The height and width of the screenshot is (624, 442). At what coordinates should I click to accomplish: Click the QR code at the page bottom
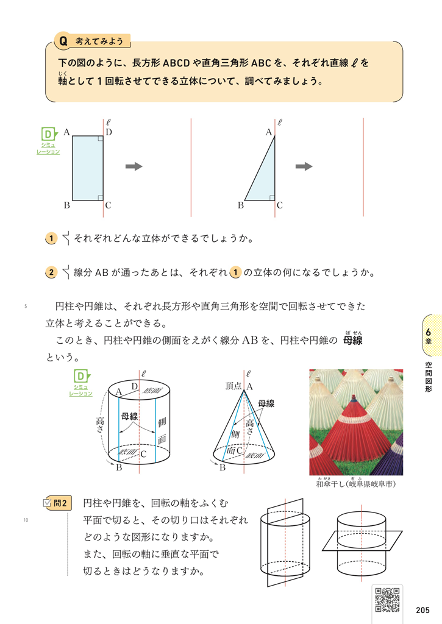point(387,599)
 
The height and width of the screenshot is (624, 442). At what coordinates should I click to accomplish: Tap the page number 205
point(422,611)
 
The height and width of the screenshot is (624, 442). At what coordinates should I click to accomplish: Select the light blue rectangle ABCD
point(87,168)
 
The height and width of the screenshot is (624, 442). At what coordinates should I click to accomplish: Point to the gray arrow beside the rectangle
point(134,166)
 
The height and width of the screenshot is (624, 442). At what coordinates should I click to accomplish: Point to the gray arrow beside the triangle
point(304,166)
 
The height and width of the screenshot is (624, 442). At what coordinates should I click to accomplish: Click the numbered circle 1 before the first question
point(52,239)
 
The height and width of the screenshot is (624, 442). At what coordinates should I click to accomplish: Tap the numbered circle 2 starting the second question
point(52,272)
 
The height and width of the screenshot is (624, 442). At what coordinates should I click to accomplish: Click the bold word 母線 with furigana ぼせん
point(352,340)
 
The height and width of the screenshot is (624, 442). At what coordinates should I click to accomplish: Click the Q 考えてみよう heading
point(91,41)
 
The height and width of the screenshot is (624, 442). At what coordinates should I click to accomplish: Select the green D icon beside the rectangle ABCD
point(48,134)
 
